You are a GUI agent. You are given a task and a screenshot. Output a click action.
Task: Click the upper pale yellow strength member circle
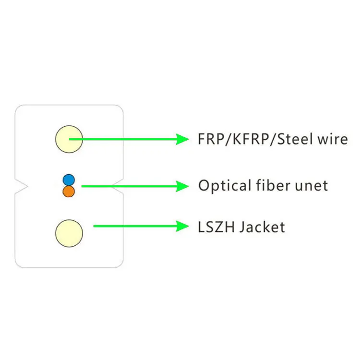pos(69,139)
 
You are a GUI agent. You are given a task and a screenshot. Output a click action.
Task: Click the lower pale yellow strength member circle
pos(69,233)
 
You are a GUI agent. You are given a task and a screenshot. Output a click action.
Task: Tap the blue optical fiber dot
pos(69,180)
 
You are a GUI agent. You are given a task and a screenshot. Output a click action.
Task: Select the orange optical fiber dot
pos(69,192)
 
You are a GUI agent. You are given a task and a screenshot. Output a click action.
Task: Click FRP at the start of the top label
pos(209,139)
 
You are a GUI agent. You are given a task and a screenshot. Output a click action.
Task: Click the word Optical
pos(224,186)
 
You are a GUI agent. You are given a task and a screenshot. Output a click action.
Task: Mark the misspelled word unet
pos(312,186)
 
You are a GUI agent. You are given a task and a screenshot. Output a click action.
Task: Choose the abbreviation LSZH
pos(215,227)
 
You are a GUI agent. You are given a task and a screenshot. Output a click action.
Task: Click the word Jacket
pos(262,227)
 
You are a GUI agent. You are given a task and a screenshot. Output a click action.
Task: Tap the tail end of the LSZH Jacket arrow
pos(95,226)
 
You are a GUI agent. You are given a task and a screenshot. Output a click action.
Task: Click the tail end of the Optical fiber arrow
pos(83,186)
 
